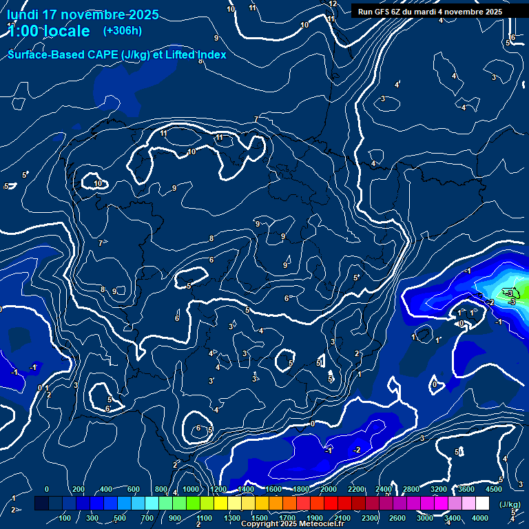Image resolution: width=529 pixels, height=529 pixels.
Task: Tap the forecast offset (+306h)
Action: click(x=122, y=31)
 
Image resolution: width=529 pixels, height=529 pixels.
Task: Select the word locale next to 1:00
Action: click(x=65, y=31)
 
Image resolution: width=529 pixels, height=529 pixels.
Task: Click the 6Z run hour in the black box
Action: click(x=400, y=12)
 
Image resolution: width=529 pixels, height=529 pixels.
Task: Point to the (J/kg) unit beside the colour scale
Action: click(x=510, y=504)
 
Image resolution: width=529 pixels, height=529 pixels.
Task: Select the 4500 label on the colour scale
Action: click(x=494, y=489)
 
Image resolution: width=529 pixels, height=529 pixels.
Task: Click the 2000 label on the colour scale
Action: click(x=329, y=489)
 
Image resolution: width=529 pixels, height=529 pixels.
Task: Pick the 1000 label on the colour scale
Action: click(x=191, y=489)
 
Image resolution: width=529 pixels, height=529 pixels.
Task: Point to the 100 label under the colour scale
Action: click(x=65, y=518)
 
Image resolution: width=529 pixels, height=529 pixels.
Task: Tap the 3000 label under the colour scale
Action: click(x=425, y=518)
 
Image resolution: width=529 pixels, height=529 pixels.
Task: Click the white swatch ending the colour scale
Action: click(x=494, y=504)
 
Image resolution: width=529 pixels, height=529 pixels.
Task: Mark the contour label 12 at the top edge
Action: click(x=333, y=4)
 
